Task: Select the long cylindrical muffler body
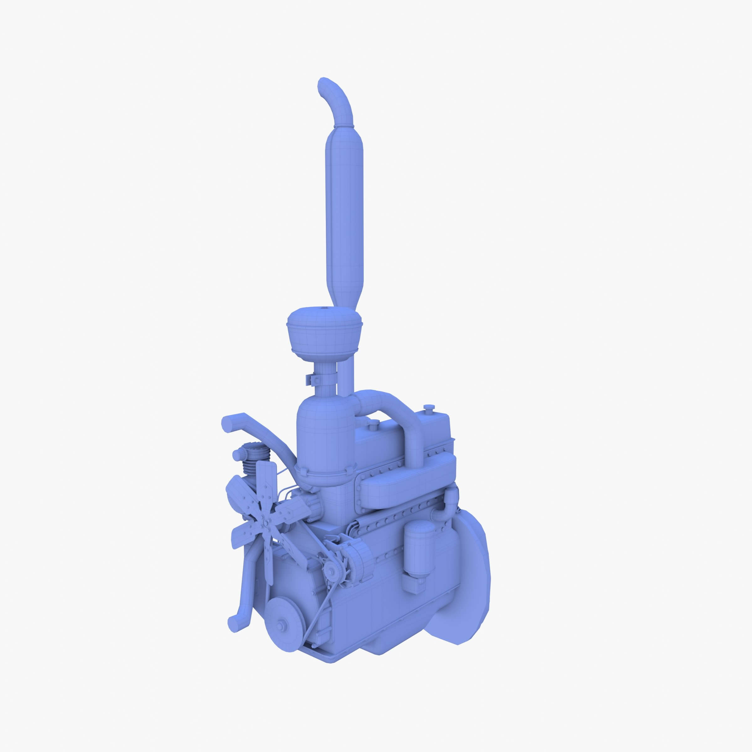[x=344, y=210]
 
